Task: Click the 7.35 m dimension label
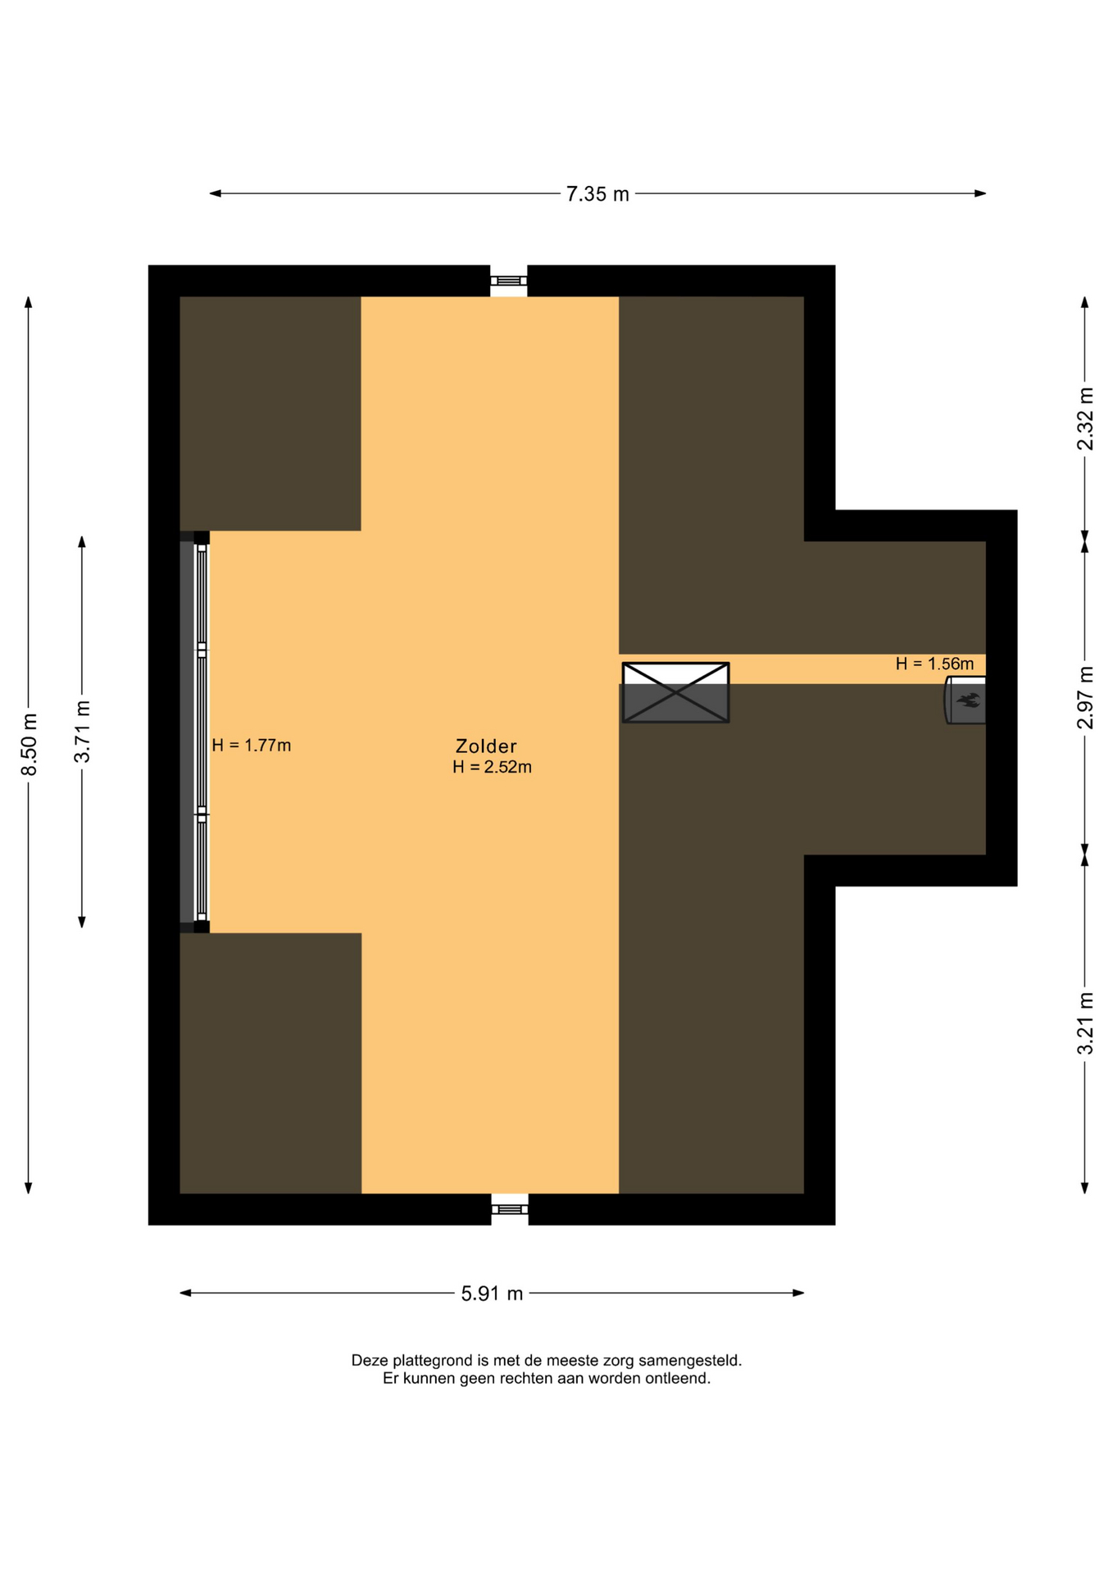(597, 194)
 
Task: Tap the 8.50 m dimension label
(30, 745)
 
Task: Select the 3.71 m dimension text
(83, 732)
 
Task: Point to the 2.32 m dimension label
(1085, 419)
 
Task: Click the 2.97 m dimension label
(1085, 697)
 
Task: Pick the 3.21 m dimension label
(1085, 1023)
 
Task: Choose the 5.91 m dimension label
(492, 1294)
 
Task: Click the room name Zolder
(486, 746)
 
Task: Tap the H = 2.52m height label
(492, 767)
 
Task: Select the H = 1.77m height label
(252, 746)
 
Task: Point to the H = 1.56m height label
(934, 664)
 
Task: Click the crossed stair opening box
(675, 692)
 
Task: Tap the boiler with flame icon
(965, 700)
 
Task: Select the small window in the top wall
(509, 281)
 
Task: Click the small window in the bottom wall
(510, 1209)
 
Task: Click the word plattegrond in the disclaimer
(430, 1361)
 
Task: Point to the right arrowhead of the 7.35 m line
(981, 194)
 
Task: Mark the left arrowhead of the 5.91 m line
(185, 1294)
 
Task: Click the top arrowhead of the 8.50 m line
(29, 301)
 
